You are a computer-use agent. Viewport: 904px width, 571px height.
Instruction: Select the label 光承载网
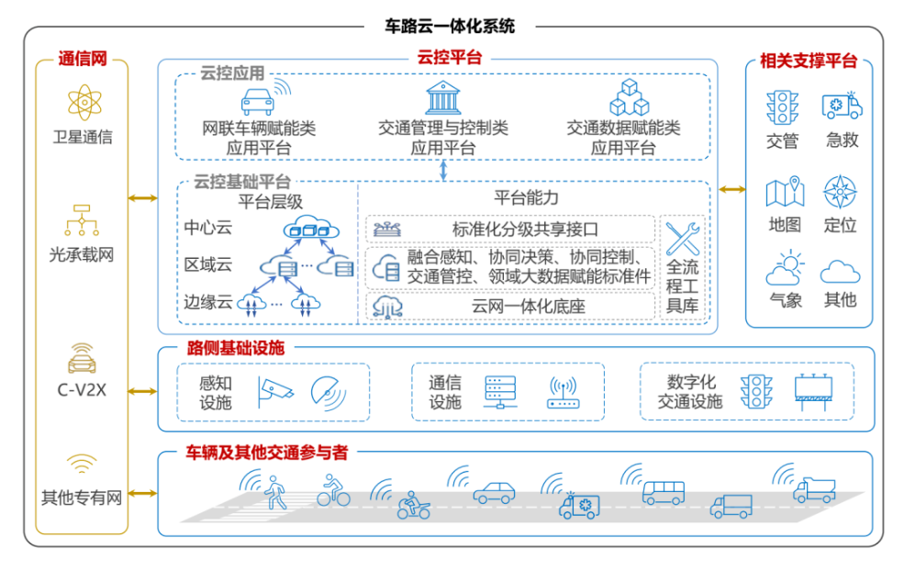tap(82, 254)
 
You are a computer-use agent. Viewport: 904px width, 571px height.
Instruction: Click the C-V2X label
tap(82, 389)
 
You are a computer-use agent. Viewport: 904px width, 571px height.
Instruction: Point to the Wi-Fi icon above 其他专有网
tap(82, 464)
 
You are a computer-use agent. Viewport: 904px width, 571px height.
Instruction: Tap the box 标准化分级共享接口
tap(510, 229)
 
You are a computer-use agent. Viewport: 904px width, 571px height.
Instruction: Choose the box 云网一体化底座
tap(510, 306)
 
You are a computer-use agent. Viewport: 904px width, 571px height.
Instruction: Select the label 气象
tap(786, 299)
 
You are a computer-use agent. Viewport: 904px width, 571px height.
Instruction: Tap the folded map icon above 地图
tap(785, 192)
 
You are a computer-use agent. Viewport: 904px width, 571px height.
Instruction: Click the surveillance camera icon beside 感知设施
tap(274, 391)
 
